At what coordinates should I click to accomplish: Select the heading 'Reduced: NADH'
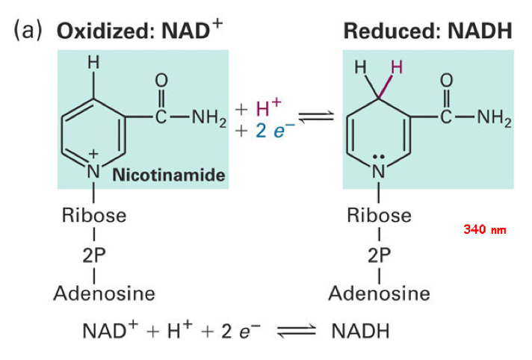(x=427, y=31)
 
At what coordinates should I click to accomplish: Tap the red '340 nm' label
(x=484, y=229)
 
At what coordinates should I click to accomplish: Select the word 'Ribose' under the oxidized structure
(x=94, y=217)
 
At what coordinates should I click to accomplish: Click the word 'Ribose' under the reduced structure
(x=379, y=217)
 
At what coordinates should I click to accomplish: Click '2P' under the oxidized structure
(x=94, y=254)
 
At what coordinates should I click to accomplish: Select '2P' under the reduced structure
(x=379, y=254)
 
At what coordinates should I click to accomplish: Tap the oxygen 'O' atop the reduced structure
(x=447, y=79)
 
